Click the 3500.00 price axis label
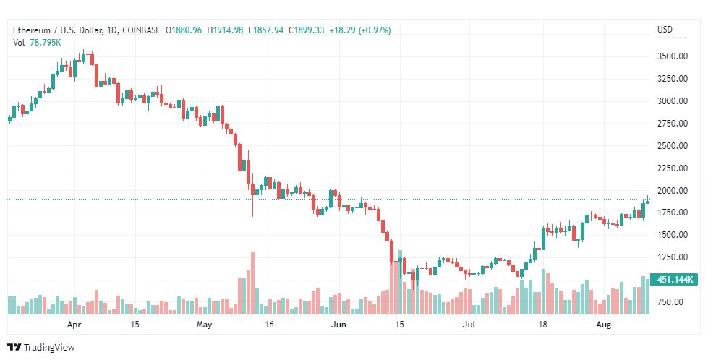pos(673,56)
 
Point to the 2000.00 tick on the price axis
pos(673,191)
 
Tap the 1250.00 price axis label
pos(673,257)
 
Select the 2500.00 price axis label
pos(673,146)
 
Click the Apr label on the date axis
pos(74,325)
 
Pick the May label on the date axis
pos(204,325)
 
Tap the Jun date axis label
pos(338,325)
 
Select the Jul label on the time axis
pos(469,325)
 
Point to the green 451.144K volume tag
pos(674,280)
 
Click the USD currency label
pos(665,30)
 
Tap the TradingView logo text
pos(49,348)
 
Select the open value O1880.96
pos(184,30)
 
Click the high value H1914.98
pos(225,30)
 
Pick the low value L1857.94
pos(265,30)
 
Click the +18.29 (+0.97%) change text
pos(360,30)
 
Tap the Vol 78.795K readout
pos(37,43)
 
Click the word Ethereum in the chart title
pos(32,30)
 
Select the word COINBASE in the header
pos(141,30)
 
